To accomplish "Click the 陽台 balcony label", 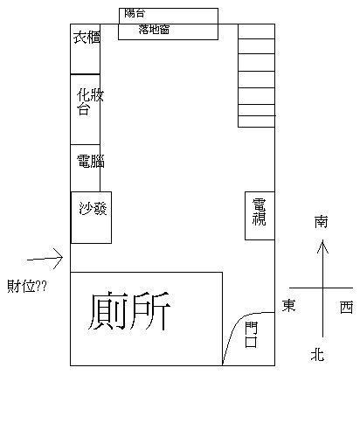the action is pyautogui.click(x=135, y=13).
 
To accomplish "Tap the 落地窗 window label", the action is pyautogui.click(x=154, y=30).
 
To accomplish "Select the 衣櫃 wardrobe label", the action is pyautogui.click(x=87, y=38).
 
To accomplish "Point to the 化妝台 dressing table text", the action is pyautogui.click(x=90, y=102).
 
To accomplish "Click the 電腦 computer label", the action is pyautogui.click(x=91, y=161).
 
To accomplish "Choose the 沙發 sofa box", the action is pyautogui.click(x=92, y=218).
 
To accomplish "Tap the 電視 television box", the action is pyautogui.click(x=260, y=216).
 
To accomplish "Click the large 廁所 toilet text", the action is pyautogui.click(x=129, y=311).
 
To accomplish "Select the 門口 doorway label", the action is pyautogui.click(x=251, y=335).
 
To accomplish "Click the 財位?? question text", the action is pyautogui.click(x=27, y=286).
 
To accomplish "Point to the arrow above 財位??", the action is pyautogui.click(x=45, y=259).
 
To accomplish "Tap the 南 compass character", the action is pyautogui.click(x=321, y=222).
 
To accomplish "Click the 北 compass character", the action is pyautogui.click(x=317, y=355).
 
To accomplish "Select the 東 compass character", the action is pyautogui.click(x=288, y=306).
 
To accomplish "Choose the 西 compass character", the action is pyautogui.click(x=347, y=308).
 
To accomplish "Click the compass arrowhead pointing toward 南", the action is pyautogui.click(x=322, y=246).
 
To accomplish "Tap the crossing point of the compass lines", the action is pyautogui.click(x=322, y=288).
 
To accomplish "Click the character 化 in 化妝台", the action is pyautogui.click(x=83, y=95).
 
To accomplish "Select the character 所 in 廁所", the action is pyautogui.click(x=150, y=311).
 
